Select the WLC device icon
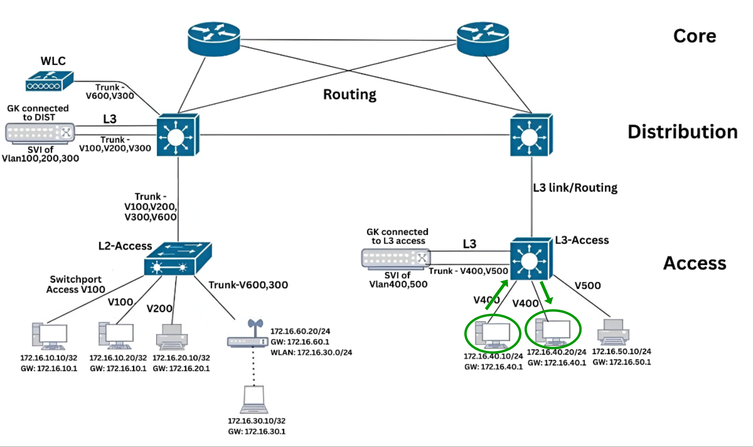(x=50, y=81)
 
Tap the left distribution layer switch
(x=178, y=135)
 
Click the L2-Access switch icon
(x=178, y=259)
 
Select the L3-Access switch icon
(x=531, y=259)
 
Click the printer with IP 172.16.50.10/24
(x=613, y=332)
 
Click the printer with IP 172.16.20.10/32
(x=172, y=337)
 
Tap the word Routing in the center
(x=349, y=94)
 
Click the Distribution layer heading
(x=682, y=132)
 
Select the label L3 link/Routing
(x=575, y=188)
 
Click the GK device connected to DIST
(x=40, y=133)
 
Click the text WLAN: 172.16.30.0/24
(x=311, y=352)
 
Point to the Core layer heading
(x=694, y=36)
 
